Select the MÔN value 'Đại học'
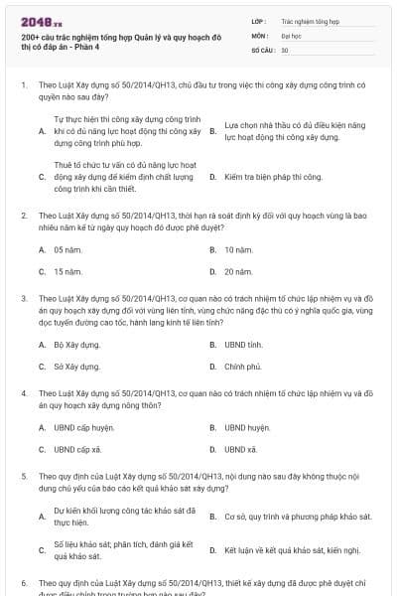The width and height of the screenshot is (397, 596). click(291, 34)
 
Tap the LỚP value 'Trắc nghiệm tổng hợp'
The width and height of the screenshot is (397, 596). click(310, 20)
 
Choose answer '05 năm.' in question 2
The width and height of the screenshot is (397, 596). click(67, 249)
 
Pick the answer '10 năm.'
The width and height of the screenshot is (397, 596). click(237, 249)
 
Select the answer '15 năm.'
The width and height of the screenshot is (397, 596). click(67, 270)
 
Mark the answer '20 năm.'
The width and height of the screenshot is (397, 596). click(237, 270)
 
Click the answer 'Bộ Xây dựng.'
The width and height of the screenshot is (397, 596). click(77, 345)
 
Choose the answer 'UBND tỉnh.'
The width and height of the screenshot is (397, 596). click(243, 345)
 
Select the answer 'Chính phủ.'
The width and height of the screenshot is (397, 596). click(242, 366)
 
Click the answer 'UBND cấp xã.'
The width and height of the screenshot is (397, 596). click(77, 449)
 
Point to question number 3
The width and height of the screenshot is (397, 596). click(23, 297)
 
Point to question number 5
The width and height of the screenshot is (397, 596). click(23, 476)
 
